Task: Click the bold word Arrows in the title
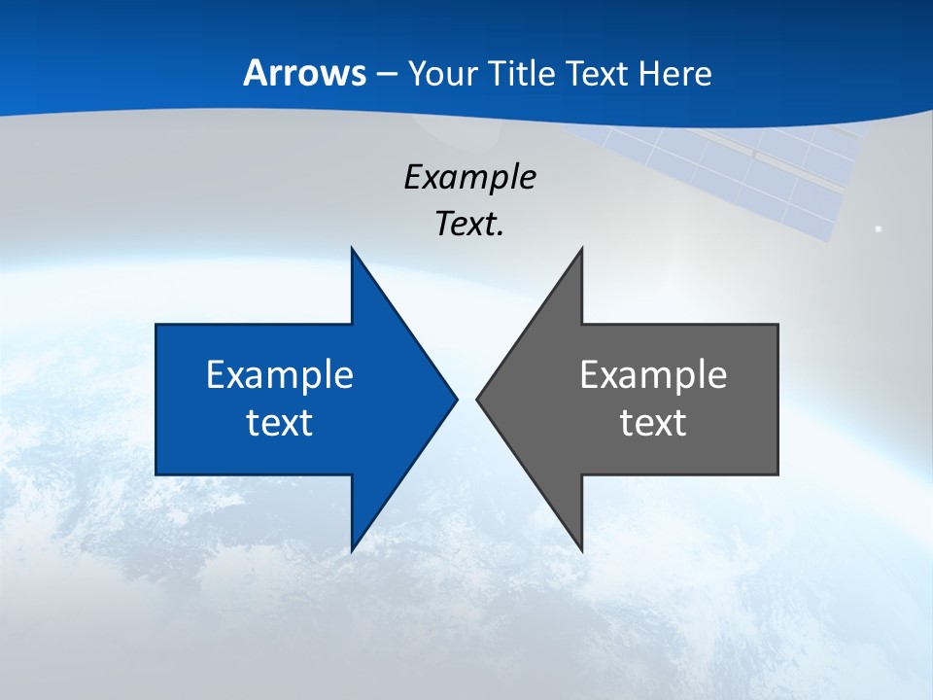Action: pos(304,73)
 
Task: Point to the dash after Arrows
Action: pos(387,74)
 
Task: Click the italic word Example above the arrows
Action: pos(469,177)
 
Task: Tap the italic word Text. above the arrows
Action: pos(469,225)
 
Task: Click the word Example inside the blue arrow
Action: pos(280,374)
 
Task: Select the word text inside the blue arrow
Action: pos(280,423)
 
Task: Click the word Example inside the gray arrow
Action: pos(653,374)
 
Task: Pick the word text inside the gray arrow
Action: pos(653,423)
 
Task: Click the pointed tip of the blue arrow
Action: pos(457,399)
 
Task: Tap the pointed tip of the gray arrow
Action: pos(477,399)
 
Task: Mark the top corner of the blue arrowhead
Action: pos(352,248)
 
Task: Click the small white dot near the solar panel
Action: pos(878,228)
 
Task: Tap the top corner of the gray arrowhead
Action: pos(581,248)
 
